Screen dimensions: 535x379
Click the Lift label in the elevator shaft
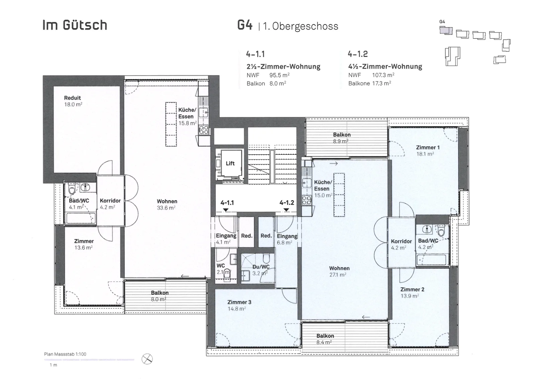230,163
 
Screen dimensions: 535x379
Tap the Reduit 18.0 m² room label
73,101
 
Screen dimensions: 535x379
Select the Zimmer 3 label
239,302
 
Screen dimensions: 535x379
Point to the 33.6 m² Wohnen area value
166,208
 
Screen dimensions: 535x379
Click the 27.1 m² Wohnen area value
338,275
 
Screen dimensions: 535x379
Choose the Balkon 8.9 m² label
342,138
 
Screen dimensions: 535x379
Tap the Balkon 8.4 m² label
325,339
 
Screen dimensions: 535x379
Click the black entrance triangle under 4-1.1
225,210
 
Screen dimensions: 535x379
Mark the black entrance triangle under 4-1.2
286,210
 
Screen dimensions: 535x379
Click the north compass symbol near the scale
147,359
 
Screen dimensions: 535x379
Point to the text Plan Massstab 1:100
65,354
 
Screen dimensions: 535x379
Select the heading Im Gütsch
75,25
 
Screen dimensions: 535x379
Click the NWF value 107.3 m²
383,75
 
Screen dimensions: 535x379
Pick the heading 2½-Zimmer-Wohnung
283,66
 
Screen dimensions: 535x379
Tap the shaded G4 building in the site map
446,30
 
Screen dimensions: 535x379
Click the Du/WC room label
261,267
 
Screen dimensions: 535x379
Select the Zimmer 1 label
428,148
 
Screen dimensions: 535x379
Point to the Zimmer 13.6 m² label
84,244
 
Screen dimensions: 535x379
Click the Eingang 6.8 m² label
287,239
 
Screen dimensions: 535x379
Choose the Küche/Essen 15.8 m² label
187,117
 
